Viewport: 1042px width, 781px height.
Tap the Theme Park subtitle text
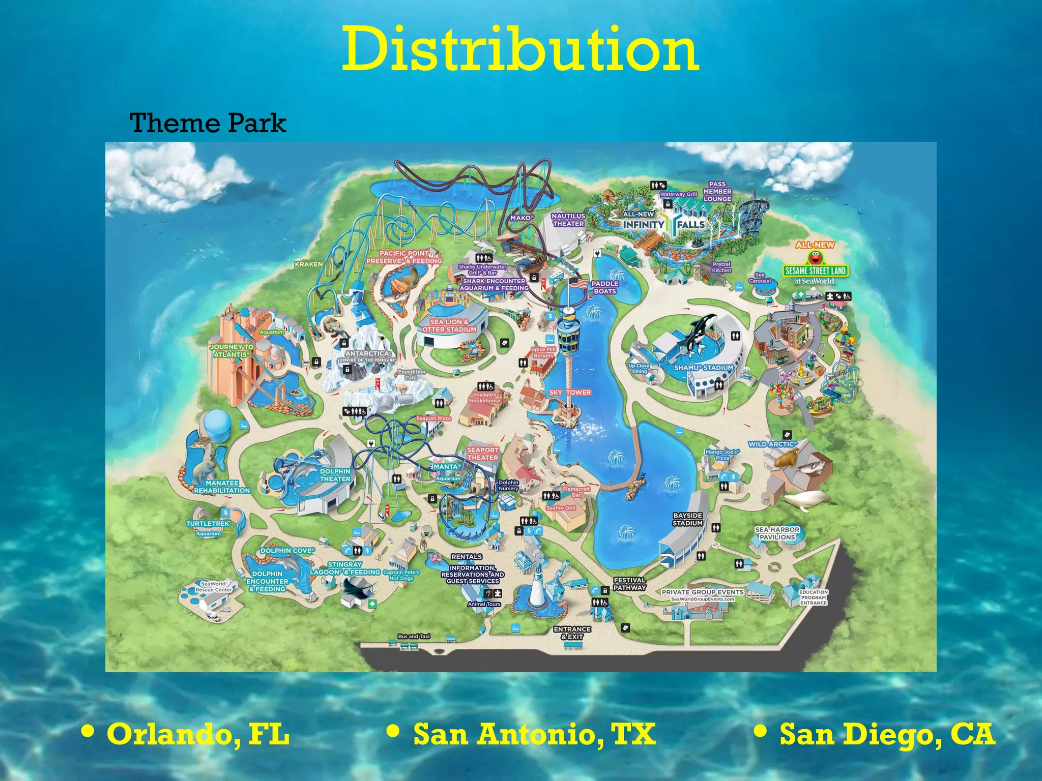(208, 123)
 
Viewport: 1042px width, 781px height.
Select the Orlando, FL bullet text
(197, 734)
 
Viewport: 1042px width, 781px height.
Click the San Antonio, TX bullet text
(534, 734)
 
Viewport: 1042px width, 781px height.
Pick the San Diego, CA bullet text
(887, 734)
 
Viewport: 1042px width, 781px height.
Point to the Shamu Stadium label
(704, 368)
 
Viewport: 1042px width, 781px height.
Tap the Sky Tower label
(570, 393)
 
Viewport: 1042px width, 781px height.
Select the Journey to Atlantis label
(231, 350)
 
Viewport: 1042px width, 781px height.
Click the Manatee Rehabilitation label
(222, 487)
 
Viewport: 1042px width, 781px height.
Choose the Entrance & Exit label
(572, 633)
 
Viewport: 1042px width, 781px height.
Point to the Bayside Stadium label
(687, 519)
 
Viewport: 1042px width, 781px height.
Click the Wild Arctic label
(770, 444)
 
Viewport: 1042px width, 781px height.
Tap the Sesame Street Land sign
(815, 271)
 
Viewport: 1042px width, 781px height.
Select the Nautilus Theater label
(568, 220)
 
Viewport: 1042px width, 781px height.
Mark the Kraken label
(309, 264)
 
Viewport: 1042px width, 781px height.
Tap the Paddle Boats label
(605, 287)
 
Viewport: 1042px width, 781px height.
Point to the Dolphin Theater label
(335, 475)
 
